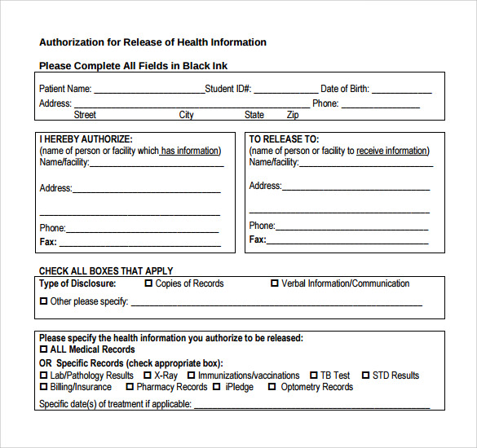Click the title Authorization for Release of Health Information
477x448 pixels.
pos(152,42)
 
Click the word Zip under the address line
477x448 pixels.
pos(292,115)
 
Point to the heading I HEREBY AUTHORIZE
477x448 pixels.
pos(86,139)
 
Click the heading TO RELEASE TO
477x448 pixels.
pos(284,139)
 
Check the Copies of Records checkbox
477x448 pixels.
pos(148,283)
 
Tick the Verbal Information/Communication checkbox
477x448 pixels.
pos(275,283)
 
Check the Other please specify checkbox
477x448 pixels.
pos(43,301)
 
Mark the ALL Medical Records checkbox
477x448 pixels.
pos(43,349)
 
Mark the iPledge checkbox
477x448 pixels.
pos(217,387)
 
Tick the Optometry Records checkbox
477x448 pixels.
pos(272,387)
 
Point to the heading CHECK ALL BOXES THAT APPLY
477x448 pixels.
pos(106,270)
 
